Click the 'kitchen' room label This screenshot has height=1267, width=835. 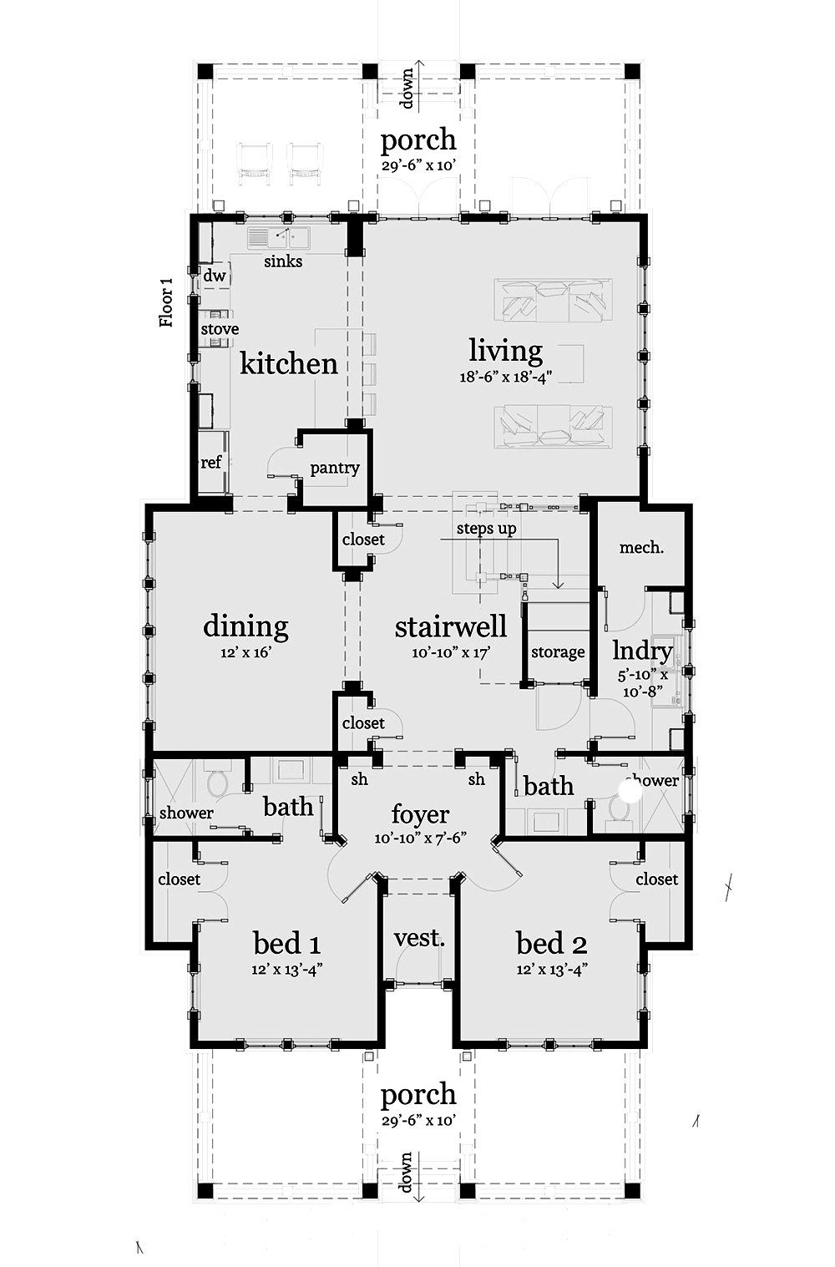(289, 363)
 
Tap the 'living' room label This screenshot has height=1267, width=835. (505, 350)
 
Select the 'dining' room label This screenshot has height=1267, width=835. (245, 626)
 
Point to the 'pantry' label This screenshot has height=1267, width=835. (334, 468)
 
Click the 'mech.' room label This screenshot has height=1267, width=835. (641, 548)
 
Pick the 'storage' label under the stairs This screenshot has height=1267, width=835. (558, 652)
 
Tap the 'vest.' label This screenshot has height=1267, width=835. (418, 938)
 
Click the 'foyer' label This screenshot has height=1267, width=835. (420, 813)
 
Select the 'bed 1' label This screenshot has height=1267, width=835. (286, 944)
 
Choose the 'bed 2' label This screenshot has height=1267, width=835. (551, 944)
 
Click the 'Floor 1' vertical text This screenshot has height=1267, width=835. (167, 302)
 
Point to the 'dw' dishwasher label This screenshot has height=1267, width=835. (215, 276)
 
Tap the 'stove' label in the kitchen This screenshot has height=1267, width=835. (220, 329)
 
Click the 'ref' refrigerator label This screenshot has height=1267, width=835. (211, 462)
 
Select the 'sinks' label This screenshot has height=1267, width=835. (283, 261)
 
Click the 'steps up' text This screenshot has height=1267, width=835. (486, 529)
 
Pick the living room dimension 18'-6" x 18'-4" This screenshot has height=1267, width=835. (505, 377)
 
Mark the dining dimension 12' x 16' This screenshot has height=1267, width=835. (245, 652)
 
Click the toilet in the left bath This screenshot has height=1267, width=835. (217, 784)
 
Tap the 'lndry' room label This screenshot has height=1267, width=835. (642, 651)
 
